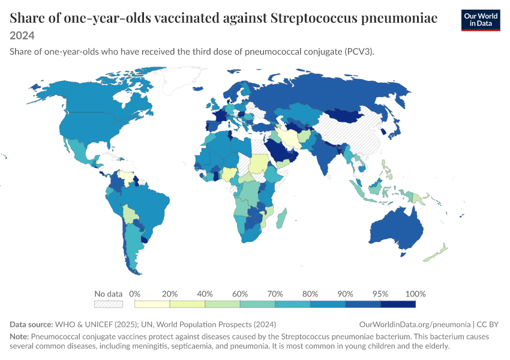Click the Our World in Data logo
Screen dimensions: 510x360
481,20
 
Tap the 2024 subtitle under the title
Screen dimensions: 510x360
22,35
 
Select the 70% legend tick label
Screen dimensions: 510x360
275,294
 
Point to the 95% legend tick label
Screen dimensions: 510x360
380,294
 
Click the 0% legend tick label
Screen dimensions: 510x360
134,294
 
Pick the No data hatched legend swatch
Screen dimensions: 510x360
109,304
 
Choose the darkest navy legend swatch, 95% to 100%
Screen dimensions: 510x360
398,304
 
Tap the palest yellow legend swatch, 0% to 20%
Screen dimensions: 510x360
152,304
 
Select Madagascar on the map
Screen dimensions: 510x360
281,218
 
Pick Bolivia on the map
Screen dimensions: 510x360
130,214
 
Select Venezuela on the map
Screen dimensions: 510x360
127,176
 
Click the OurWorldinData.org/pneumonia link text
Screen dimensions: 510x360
415,324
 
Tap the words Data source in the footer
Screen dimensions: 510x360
31,324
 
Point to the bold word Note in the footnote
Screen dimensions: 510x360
19,336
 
